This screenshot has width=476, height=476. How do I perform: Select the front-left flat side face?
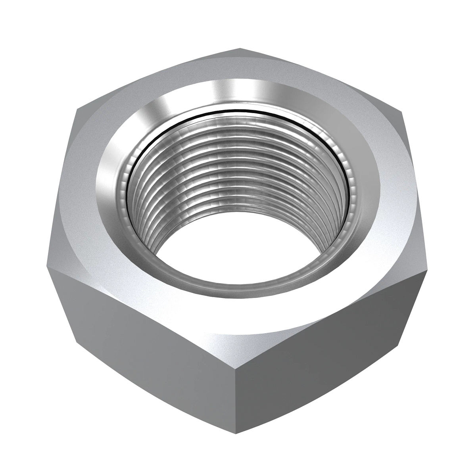tap(147, 349)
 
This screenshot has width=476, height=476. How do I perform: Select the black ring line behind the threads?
tap(238, 110)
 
